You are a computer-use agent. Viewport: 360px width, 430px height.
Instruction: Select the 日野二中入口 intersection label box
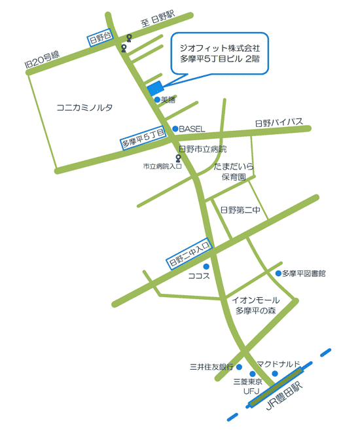tap(189, 253)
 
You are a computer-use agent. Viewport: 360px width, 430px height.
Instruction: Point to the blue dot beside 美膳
tap(156, 99)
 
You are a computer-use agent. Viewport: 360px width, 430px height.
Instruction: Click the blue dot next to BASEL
tap(175, 128)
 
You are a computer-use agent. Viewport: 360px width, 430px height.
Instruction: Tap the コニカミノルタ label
tap(85, 107)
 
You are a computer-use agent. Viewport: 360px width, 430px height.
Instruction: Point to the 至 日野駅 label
tap(158, 20)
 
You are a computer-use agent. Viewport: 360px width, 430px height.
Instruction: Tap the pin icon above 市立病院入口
tap(179, 158)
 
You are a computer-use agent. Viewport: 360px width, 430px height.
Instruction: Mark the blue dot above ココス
tap(206, 266)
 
